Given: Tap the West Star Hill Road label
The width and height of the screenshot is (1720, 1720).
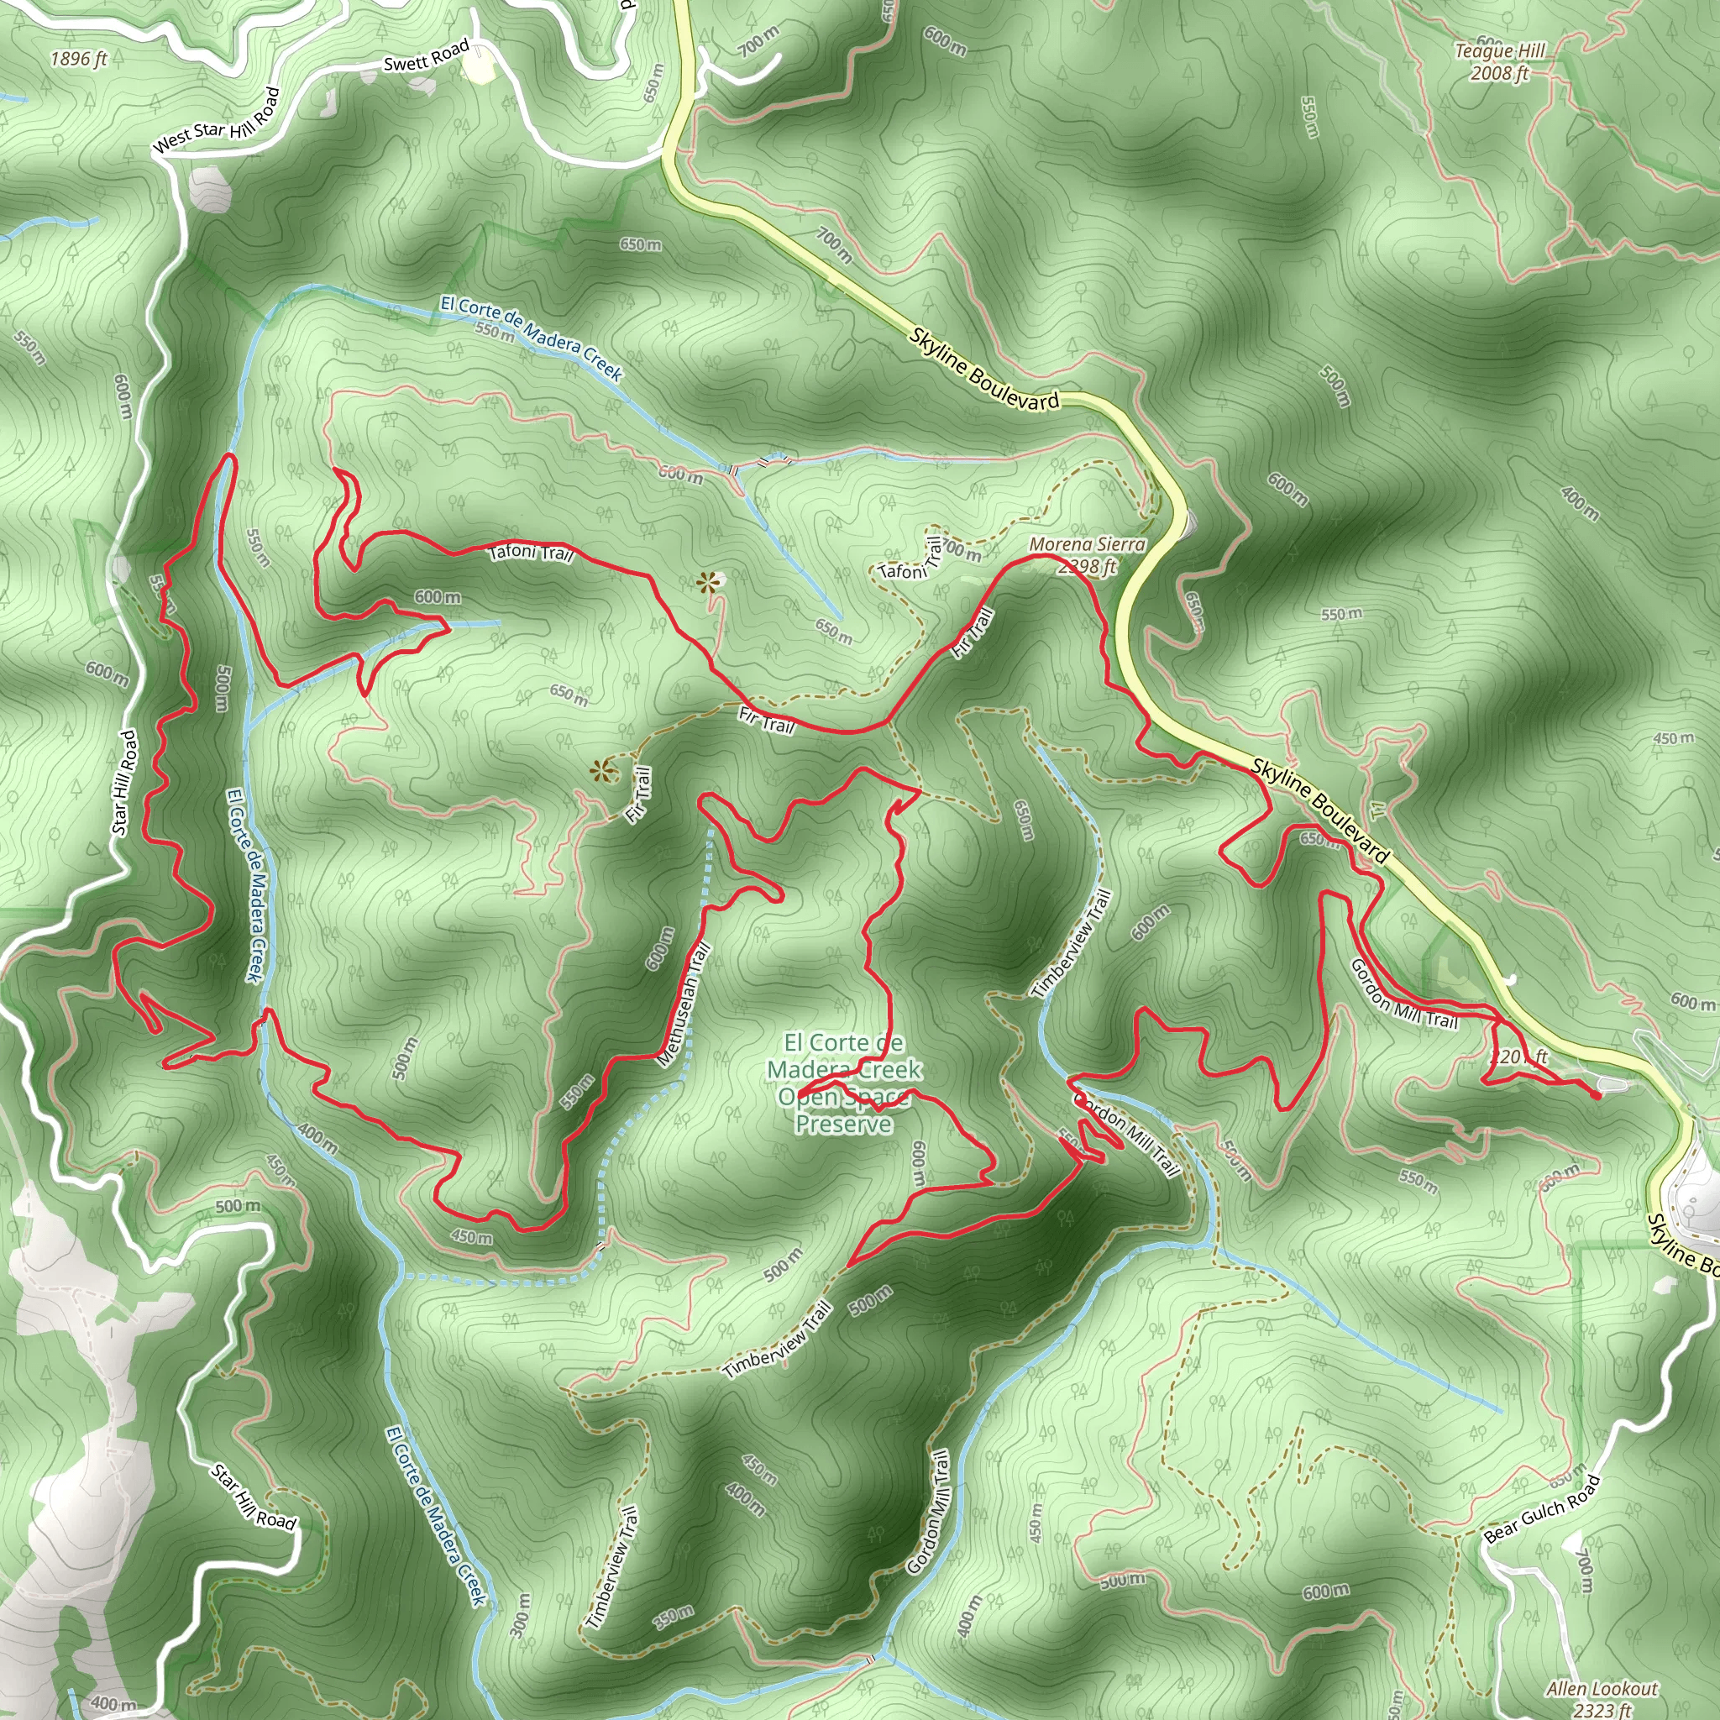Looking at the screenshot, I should pos(217,121).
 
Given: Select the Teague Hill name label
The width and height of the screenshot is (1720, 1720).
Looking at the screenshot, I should pos(1500,50).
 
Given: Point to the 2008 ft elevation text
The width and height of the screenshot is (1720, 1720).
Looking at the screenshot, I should pos(1499,73).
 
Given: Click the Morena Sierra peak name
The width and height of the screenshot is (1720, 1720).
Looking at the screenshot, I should pos(1087,544).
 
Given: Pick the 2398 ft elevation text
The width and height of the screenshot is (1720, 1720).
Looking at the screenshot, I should pos(1087,566).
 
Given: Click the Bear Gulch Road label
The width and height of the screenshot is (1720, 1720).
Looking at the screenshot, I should pos(1542,1508).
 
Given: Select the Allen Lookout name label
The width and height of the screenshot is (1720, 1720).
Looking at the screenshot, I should pos(1602,1689).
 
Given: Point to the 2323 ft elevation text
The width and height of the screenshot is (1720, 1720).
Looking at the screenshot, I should pos(1602,1709).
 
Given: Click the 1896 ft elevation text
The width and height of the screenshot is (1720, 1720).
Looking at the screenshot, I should pos(78,59).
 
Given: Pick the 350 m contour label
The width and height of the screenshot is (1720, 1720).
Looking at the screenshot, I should pos(673,1617).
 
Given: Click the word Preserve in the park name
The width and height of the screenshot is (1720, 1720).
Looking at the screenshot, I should pos(843,1124).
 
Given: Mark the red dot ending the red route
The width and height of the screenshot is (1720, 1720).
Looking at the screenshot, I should pos(1597,1096).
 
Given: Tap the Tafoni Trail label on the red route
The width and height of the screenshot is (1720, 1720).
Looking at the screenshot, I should pos(531,553).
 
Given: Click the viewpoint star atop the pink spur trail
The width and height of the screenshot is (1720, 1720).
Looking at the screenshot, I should pos(708,584).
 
